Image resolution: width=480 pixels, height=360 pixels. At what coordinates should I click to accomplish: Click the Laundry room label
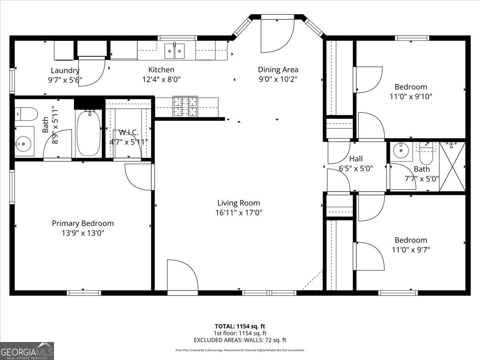tap(65, 70)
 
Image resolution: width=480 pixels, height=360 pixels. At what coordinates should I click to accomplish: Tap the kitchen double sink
tap(175, 50)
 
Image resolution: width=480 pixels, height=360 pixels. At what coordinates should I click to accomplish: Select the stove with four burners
tap(186, 107)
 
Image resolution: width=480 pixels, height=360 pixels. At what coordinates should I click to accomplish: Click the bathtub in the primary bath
tap(88, 133)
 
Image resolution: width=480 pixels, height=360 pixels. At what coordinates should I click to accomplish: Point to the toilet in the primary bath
tap(24, 114)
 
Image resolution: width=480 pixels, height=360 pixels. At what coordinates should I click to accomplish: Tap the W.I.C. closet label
tap(129, 132)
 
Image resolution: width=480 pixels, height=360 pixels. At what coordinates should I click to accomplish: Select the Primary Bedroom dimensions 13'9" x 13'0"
tap(82, 233)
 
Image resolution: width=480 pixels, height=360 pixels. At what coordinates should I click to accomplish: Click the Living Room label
tap(238, 203)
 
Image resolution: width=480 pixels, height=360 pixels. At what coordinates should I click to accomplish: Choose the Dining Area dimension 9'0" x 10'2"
tap(278, 79)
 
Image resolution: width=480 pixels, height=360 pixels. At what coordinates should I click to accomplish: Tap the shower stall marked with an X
tap(452, 166)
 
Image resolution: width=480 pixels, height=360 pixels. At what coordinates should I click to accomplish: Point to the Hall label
tap(356, 159)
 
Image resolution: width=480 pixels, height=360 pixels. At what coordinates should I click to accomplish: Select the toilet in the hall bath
tap(426, 155)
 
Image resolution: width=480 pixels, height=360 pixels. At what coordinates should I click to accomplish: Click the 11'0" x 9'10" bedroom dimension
tap(411, 96)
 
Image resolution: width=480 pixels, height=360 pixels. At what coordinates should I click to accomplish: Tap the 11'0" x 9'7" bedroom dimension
tap(411, 250)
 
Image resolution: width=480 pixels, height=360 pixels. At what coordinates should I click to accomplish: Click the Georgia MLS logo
tap(27, 351)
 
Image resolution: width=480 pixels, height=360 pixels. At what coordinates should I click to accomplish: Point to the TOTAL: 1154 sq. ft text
tap(240, 326)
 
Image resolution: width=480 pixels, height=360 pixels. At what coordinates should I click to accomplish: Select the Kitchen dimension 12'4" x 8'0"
tap(161, 80)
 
